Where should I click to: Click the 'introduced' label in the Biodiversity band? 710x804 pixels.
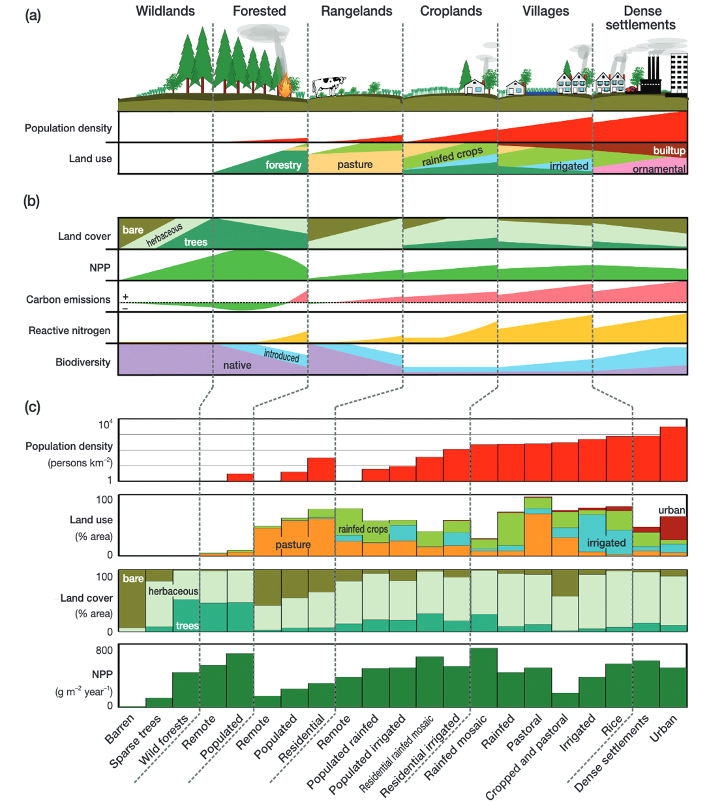[x=282, y=355]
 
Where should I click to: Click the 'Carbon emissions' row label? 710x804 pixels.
[x=68, y=300]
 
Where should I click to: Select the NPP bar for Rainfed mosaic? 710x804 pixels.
[x=484, y=678]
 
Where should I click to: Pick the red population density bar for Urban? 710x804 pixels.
[x=672, y=454]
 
